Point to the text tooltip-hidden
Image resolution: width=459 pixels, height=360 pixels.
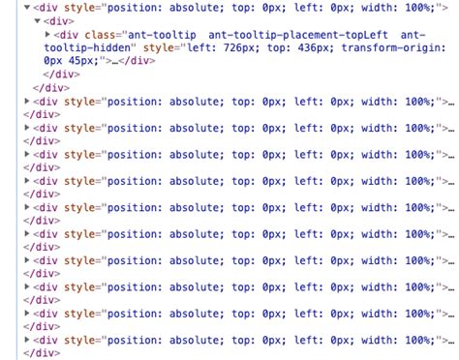92,46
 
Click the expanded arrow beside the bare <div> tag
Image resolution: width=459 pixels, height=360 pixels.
37,20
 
